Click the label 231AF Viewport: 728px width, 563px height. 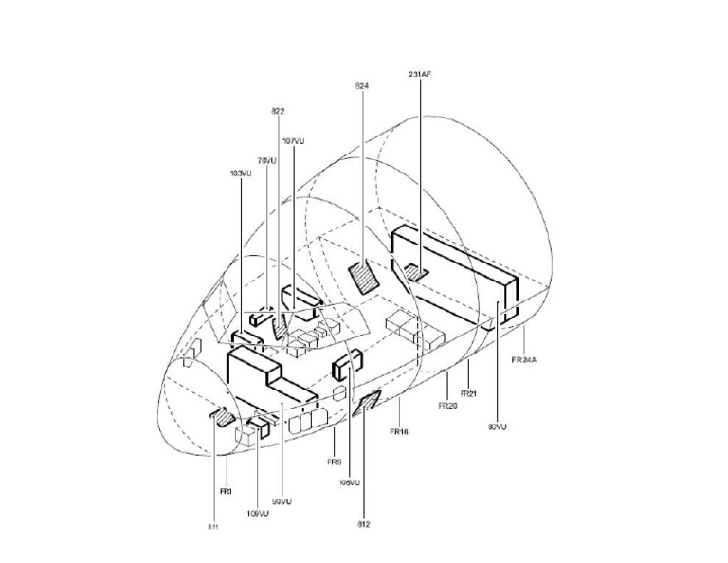(420, 73)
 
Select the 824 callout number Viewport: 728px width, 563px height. (361, 86)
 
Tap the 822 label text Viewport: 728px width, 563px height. (279, 112)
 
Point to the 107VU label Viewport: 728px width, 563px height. (294, 141)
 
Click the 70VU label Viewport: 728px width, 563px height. (266, 161)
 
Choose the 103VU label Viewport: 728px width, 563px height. (241, 173)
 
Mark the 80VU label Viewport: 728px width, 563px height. (497, 427)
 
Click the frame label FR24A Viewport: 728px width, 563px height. (524, 360)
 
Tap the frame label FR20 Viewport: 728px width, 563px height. (447, 405)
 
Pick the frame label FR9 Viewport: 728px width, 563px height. (334, 462)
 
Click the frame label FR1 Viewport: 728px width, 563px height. (226, 492)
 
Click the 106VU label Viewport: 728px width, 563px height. (349, 482)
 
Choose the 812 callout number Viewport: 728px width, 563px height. (364, 523)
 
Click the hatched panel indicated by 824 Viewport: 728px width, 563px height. (363, 276)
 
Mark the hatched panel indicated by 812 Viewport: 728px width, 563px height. (366, 403)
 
